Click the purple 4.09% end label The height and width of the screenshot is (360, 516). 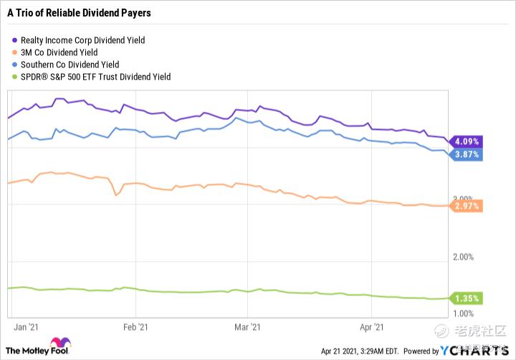[x=466, y=141]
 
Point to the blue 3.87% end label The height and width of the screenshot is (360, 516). [x=466, y=155]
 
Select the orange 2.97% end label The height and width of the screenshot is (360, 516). [x=466, y=207]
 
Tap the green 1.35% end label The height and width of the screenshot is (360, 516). [x=466, y=298]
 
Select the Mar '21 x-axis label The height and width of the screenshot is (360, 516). [x=247, y=327]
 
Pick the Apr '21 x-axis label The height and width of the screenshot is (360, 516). [x=371, y=327]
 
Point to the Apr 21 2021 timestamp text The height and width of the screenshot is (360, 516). [x=358, y=351]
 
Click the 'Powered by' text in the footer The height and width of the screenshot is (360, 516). [x=421, y=351]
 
